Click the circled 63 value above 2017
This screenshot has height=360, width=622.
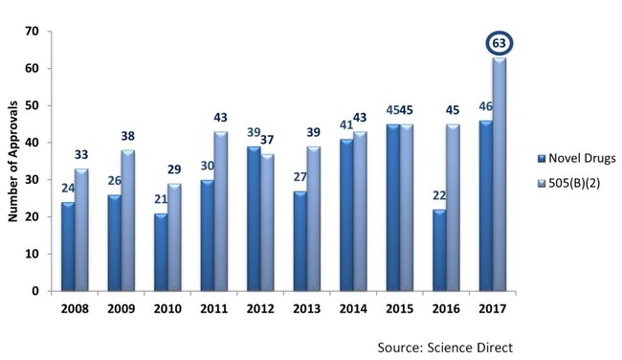pos(499,44)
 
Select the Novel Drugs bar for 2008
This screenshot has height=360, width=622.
pos(67,246)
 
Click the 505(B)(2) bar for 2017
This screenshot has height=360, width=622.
pos(499,174)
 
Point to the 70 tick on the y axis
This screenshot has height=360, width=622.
pos(32,33)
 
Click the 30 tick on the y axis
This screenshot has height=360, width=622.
pos(32,180)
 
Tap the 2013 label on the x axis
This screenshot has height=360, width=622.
pos(307,310)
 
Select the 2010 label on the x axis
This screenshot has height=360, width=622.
pos(168,310)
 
